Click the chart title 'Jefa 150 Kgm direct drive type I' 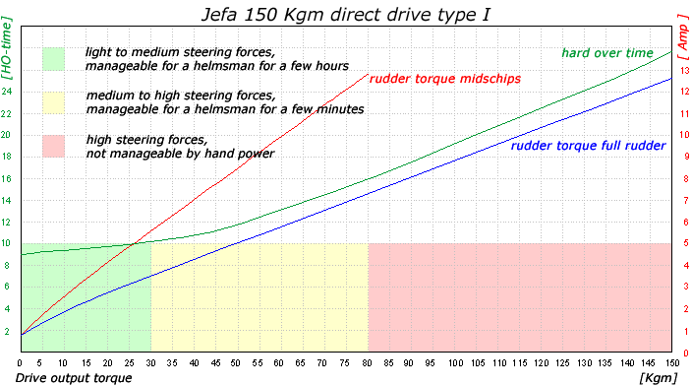point(346,14)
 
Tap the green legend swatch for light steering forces point(53,59)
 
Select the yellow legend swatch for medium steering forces point(53,102)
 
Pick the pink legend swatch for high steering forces point(53,146)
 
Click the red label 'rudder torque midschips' point(445,79)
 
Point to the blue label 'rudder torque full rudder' point(588,146)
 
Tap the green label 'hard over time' point(607,53)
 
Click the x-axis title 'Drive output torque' point(74,378)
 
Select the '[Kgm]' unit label point(658,378)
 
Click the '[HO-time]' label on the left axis point(7,47)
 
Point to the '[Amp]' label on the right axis point(683,37)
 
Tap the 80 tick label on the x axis point(367,363)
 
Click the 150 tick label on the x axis point(672,363)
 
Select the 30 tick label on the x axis point(151,363)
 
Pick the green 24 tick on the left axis point(7,92)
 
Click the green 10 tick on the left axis point(6,243)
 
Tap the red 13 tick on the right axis point(684,70)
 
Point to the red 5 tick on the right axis point(686,243)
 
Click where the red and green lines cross point(133,243)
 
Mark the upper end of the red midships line point(368,74)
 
